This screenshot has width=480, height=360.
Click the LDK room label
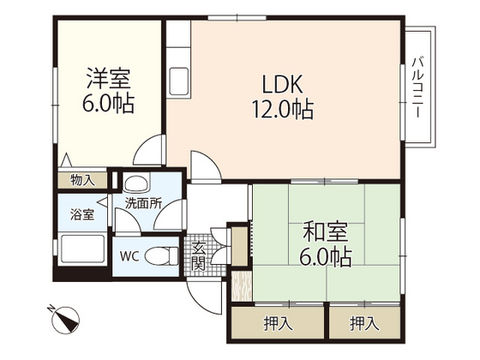point(282,84)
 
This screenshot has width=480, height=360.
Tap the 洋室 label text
point(108,78)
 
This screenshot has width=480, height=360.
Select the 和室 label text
point(325,232)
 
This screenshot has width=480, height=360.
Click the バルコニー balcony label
point(417,87)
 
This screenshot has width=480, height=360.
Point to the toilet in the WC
point(162,255)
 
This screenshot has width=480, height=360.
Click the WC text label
point(129,256)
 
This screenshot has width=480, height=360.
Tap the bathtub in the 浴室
point(83,249)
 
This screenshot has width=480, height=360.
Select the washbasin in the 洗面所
point(136,183)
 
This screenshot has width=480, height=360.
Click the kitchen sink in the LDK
point(179,81)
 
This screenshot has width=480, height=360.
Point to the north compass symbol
point(65,320)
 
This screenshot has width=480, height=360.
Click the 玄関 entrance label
point(198,256)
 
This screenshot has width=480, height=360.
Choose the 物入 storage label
point(82,180)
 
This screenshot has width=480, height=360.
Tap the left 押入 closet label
point(278,324)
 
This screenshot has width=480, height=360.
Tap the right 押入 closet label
point(364,324)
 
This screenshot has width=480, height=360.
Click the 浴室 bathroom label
point(82,214)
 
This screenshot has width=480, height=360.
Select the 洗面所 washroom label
point(143,204)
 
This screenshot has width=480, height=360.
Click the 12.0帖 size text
point(282,110)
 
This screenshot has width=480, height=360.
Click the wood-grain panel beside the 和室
point(242,286)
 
